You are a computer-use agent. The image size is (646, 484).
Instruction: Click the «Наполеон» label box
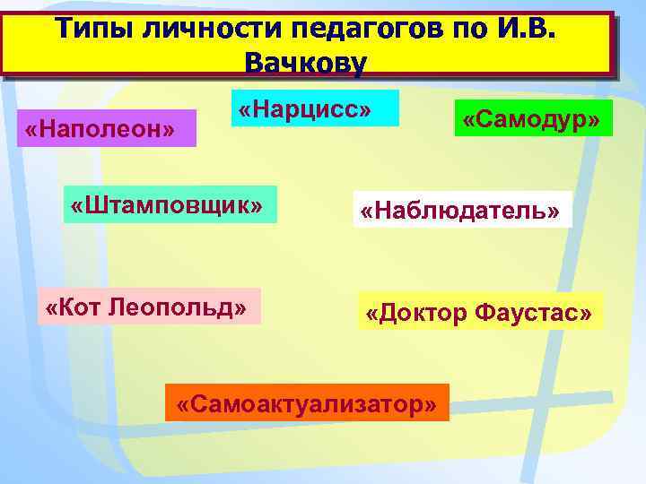point(100,129)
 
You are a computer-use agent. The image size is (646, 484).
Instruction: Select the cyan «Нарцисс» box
point(315,108)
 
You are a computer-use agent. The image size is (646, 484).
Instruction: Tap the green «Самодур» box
point(532,118)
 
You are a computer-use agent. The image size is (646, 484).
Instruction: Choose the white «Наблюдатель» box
point(462,209)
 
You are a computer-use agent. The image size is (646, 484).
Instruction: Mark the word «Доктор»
point(424,314)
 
